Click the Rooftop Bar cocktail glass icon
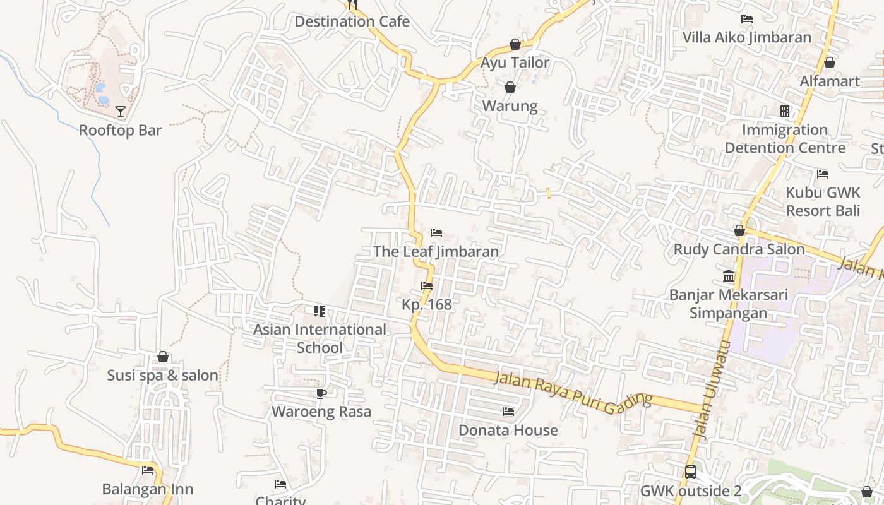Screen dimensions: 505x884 pos(121,112)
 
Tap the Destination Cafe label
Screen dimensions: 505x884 pos(352,21)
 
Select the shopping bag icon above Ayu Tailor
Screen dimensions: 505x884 pos(515,44)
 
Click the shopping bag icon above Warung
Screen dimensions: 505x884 pos(510,87)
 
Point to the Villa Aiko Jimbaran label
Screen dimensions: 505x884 pos(746,37)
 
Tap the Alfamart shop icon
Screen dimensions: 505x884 pos(830,62)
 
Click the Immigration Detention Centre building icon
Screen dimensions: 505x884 pos(785,111)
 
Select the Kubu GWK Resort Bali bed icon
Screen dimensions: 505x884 pos(823,174)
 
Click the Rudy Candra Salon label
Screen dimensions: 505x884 pos(739,249)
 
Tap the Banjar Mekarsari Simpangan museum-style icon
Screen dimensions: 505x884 pos(729,276)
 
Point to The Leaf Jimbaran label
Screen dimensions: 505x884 pos(436,251)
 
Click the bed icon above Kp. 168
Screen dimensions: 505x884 pos(427,286)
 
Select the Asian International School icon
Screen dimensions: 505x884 pos(320,311)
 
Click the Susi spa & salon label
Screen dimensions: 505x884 pos(162,375)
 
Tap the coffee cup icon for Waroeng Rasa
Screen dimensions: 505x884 pos(321,394)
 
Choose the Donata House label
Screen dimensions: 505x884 pos(508,430)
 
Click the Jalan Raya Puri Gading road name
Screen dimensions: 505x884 pos(573,390)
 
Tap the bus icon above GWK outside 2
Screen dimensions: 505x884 pos(691,472)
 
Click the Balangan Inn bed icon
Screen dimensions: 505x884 pos(148,470)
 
